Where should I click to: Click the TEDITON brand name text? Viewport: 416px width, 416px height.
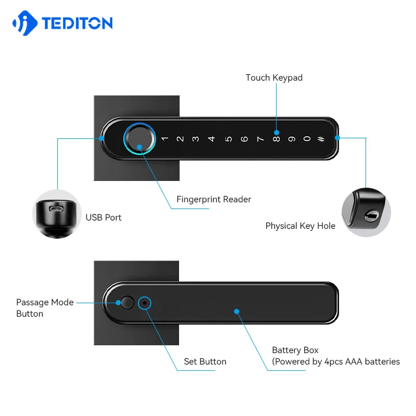[x=76, y=23]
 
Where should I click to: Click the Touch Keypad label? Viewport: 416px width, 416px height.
[x=274, y=78]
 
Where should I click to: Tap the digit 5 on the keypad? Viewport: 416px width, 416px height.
[x=228, y=139]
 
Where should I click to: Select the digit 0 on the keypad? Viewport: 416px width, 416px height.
[x=307, y=139]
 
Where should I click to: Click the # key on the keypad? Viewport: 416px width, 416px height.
[x=321, y=139]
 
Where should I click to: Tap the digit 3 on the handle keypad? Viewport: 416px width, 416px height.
[x=196, y=139]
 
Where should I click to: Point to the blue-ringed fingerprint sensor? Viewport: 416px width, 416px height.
[x=139, y=138]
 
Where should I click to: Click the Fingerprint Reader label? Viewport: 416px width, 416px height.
[x=214, y=200]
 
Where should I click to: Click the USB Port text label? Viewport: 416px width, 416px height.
[x=103, y=217]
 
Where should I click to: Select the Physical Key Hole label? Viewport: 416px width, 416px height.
[x=300, y=226]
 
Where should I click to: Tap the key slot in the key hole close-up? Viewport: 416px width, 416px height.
[x=370, y=215]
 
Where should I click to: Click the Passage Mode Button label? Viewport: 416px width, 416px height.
[x=44, y=308]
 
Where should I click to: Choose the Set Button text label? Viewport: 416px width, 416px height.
[x=205, y=361]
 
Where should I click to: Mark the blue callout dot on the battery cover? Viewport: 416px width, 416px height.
[x=237, y=311]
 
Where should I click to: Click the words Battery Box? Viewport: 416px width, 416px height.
[x=295, y=350]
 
